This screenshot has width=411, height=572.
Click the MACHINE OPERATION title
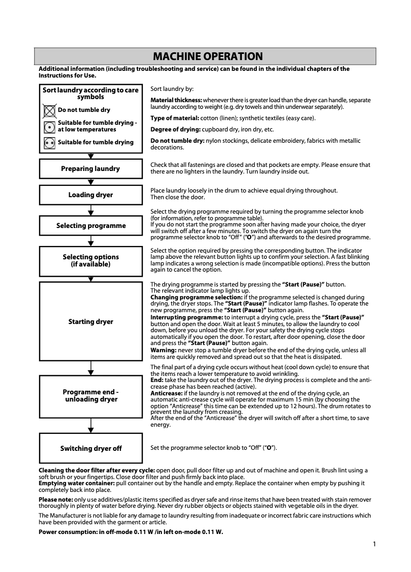point(208,56)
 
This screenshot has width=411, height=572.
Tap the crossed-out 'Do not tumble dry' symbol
point(50,110)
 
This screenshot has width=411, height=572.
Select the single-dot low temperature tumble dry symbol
point(50,126)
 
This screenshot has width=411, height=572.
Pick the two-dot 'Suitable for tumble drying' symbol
point(50,143)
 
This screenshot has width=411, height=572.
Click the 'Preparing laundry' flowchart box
point(91,168)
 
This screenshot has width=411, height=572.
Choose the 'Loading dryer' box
point(91,195)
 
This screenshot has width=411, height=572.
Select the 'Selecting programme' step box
point(91,225)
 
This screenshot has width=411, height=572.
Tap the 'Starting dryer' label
point(91,322)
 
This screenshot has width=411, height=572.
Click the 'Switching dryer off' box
point(91,448)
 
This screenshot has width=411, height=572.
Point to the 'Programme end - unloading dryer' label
point(91,395)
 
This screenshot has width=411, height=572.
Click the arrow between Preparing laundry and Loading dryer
point(91,182)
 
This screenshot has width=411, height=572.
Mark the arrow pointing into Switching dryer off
point(91,429)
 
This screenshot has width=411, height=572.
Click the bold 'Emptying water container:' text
point(77,483)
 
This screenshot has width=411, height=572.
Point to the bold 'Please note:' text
point(56,499)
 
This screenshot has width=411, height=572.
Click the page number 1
point(375,544)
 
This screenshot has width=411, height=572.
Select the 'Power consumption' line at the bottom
point(131,532)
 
